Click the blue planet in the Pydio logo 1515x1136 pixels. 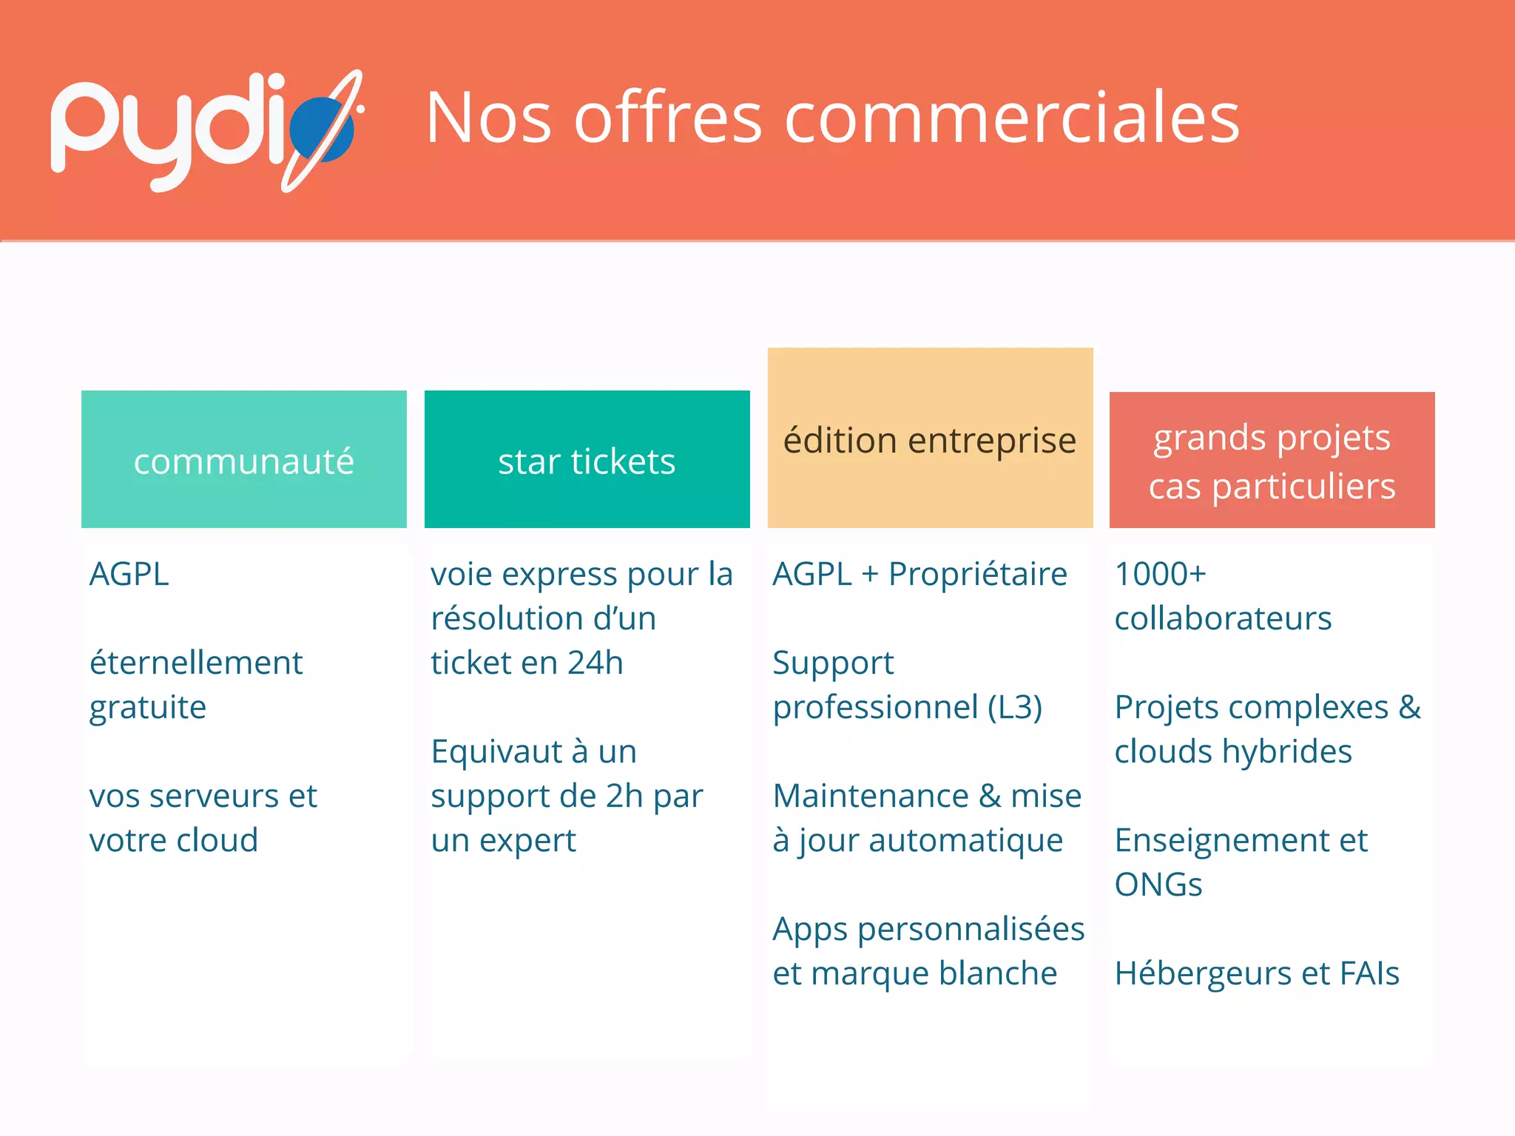click(x=322, y=129)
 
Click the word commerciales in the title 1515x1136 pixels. click(x=1011, y=118)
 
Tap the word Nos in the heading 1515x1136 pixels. click(x=488, y=118)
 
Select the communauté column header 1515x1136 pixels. click(x=243, y=461)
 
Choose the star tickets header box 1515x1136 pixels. click(x=587, y=461)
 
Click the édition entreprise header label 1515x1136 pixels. click(x=930, y=441)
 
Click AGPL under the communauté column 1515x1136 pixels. click(x=129, y=574)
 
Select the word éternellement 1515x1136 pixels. click(x=196, y=663)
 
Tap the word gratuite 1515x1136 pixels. click(x=148, y=707)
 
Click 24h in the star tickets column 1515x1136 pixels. click(x=595, y=663)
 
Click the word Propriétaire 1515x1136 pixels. click(x=978, y=574)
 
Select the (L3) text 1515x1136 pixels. click(x=1015, y=707)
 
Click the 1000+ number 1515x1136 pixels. click(x=1160, y=574)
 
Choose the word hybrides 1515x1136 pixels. click(x=1287, y=751)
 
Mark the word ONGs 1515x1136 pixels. click(x=1158, y=885)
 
